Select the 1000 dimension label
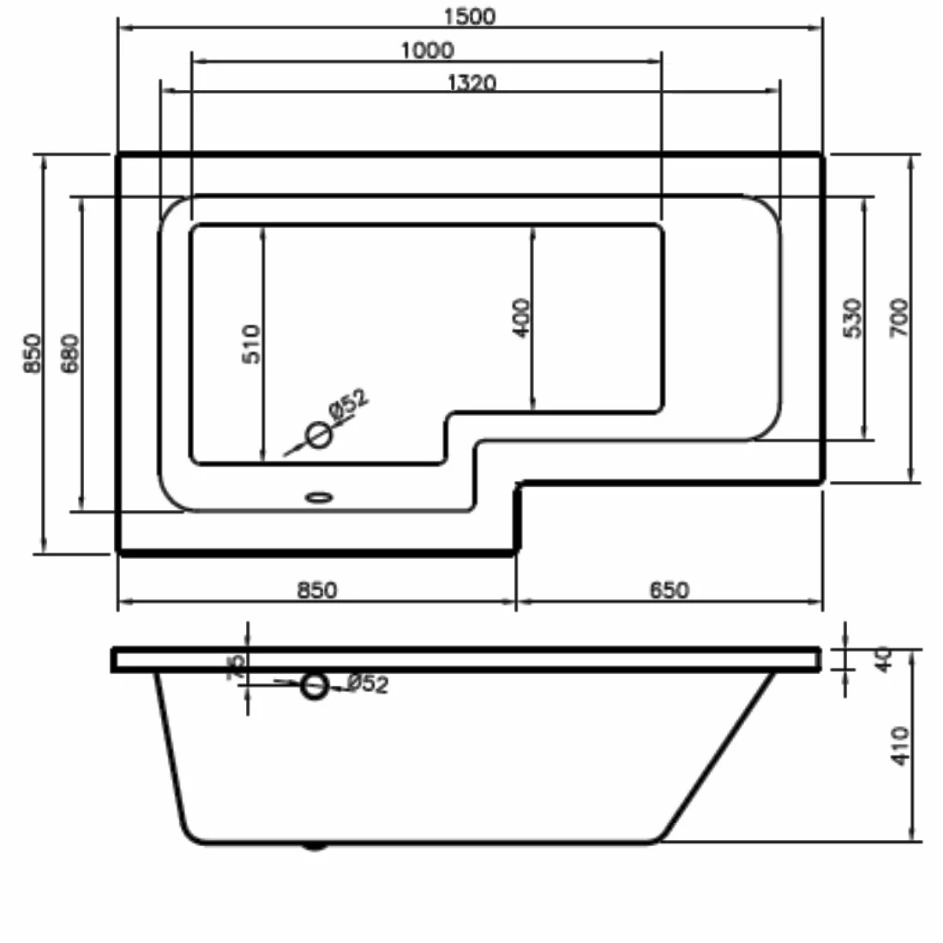[x=427, y=51]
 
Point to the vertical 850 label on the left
[x=33, y=352]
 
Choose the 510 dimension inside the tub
[x=250, y=343]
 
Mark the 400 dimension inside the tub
[x=521, y=317]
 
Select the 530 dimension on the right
[x=853, y=317]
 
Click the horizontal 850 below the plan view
[x=316, y=590]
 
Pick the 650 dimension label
[x=668, y=590]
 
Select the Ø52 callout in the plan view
[x=347, y=405]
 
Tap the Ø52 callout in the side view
[x=368, y=683]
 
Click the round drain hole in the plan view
[x=319, y=435]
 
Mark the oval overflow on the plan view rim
[x=319, y=496]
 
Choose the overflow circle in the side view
[x=315, y=685]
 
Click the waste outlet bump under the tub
[x=315, y=847]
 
